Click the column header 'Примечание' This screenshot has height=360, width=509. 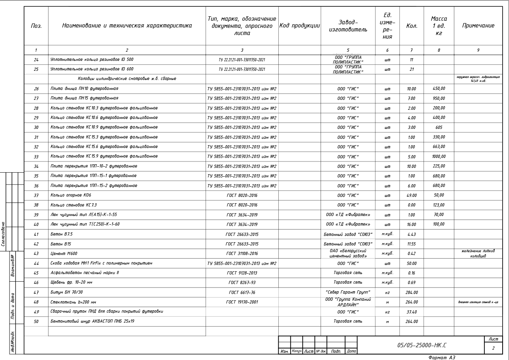tap(478, 26)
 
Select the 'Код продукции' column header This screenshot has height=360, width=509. tap(299, 26)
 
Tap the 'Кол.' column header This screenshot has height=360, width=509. tap(412, 26)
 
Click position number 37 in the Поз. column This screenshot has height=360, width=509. tap(36, 195)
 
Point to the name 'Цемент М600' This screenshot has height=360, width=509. tap(64, 253)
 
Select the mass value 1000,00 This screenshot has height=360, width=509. tap(439, 157)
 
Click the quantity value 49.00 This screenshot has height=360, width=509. tap(412, 195)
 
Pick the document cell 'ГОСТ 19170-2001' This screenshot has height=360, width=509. tap(242, 302)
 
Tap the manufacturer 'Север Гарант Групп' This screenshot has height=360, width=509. tap(348, 292)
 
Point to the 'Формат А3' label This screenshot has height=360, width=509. tap(441, 357)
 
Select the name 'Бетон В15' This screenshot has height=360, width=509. tap(61, 244)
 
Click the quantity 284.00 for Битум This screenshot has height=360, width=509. tap(412, 292)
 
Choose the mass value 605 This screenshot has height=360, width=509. tap(439, 128)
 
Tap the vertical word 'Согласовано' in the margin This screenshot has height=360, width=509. tap(4, 234)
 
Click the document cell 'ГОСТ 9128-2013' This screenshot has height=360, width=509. tap(242, 273)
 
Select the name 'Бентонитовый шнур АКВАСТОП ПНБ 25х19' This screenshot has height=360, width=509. tap(92, 321)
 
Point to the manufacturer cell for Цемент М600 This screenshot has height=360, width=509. tap(348, 253)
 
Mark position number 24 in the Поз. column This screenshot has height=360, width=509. tap(36, 60)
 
